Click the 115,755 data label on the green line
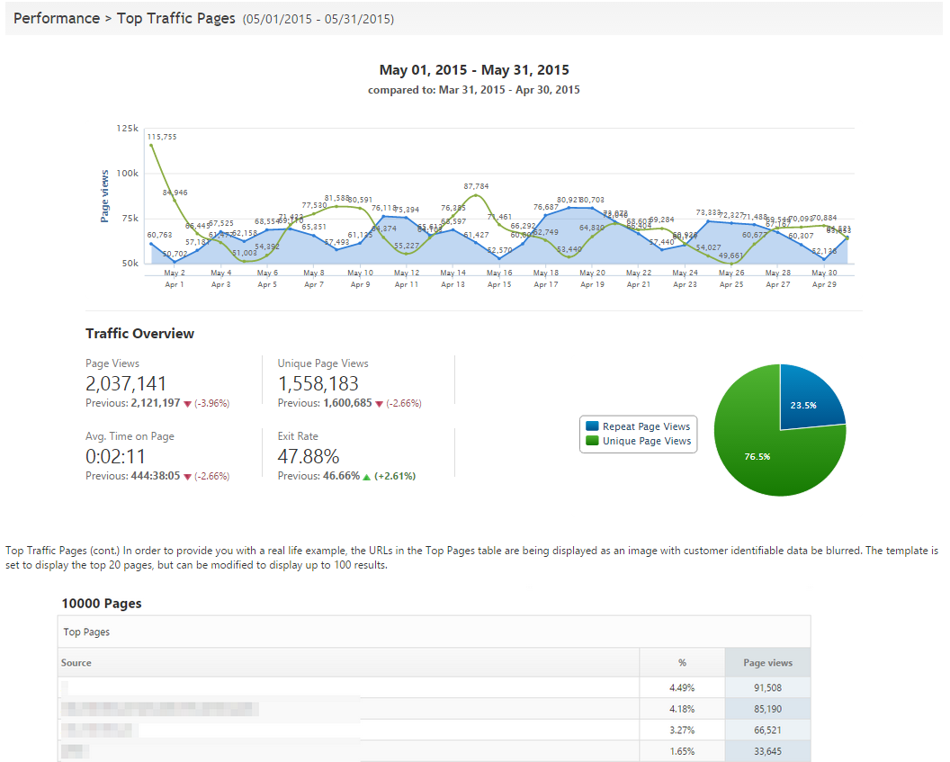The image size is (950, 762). pos(162,137)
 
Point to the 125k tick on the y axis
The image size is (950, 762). pos(128,130)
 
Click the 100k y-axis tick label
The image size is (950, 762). pos(128,174)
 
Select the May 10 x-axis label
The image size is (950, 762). pos(360,273)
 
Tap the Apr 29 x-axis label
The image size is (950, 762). pos(824,284)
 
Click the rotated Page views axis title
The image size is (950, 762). pos(105,196)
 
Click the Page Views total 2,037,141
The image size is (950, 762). pos(126,384)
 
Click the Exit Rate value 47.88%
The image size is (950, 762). pos(309,457)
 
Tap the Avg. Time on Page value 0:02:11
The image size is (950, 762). pos(116,457)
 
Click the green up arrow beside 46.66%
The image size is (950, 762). pos(366,477)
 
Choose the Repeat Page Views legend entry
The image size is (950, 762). pos(638,426)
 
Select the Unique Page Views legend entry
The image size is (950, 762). pos(638,441)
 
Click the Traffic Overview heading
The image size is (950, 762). pos(139,334)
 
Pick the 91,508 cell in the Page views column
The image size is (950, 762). pos(767,688)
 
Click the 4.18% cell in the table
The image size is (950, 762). pos(682,709)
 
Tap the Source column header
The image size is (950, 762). pos(76,663)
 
